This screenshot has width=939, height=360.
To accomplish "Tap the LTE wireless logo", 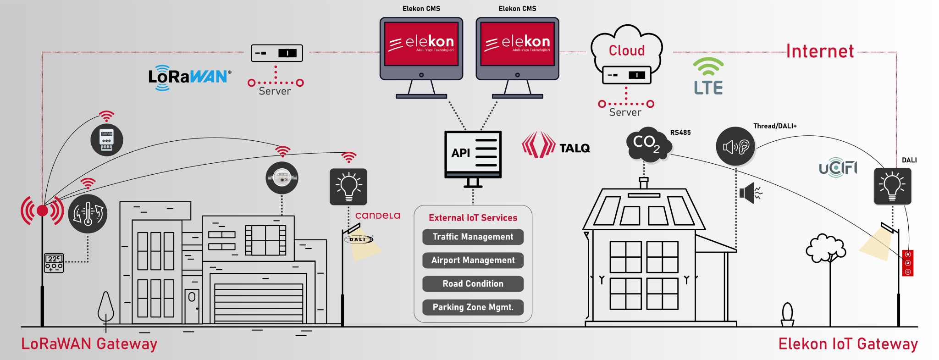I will tap(708, 77).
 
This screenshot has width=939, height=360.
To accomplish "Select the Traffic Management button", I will tap(473, 237).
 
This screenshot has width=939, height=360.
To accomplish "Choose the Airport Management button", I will tap(473, 260).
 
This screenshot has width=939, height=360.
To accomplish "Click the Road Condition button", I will tap(473, 284).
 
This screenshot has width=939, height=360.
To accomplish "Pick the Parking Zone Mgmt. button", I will tap(473, 307).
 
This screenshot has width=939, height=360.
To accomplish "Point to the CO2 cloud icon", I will tap(647, 144).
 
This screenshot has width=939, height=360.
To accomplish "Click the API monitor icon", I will tap(473, 154).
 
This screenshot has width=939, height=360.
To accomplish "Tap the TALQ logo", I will tap(556, 146).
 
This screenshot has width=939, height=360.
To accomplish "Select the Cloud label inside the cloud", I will tap(626, 50).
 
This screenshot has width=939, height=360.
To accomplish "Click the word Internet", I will tap(820, 51).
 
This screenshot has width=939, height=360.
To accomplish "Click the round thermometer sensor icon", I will tap(88, 214).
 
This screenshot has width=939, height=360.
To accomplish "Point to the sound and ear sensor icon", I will tap(735, 146).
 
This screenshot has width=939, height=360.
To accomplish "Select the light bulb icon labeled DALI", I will tap(892, 186).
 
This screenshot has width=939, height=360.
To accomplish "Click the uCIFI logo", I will tap(838, 168).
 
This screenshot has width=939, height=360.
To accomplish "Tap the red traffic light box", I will tap(907, 263).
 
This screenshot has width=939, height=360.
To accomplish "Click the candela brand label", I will tap(377, 216).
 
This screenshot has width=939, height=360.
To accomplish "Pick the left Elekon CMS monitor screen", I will tap(421, 44).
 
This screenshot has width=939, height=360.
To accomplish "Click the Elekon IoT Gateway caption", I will tap(848, 344).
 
